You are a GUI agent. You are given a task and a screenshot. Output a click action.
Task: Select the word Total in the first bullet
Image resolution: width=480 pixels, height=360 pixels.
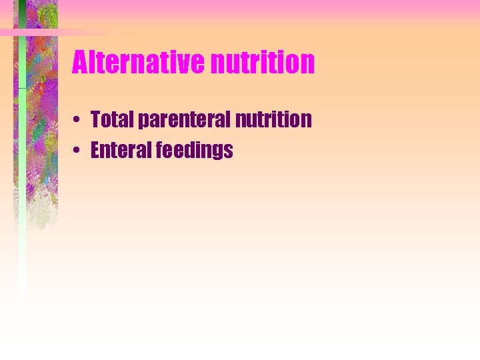[111, 119]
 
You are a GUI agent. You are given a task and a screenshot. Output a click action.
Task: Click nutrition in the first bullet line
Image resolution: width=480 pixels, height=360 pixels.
[273, 119]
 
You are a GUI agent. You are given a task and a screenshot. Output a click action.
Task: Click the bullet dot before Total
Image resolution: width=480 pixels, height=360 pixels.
[78, 121]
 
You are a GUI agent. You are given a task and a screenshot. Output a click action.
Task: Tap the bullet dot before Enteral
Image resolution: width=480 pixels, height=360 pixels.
[78, 151]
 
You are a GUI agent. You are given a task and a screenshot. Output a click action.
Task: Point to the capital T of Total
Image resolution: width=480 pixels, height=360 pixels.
[96, 119]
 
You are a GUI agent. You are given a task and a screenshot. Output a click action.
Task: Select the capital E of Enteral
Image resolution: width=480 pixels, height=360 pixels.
[95, 150]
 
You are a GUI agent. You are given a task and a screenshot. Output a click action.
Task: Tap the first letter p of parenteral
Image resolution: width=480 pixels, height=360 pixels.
[143, 122]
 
